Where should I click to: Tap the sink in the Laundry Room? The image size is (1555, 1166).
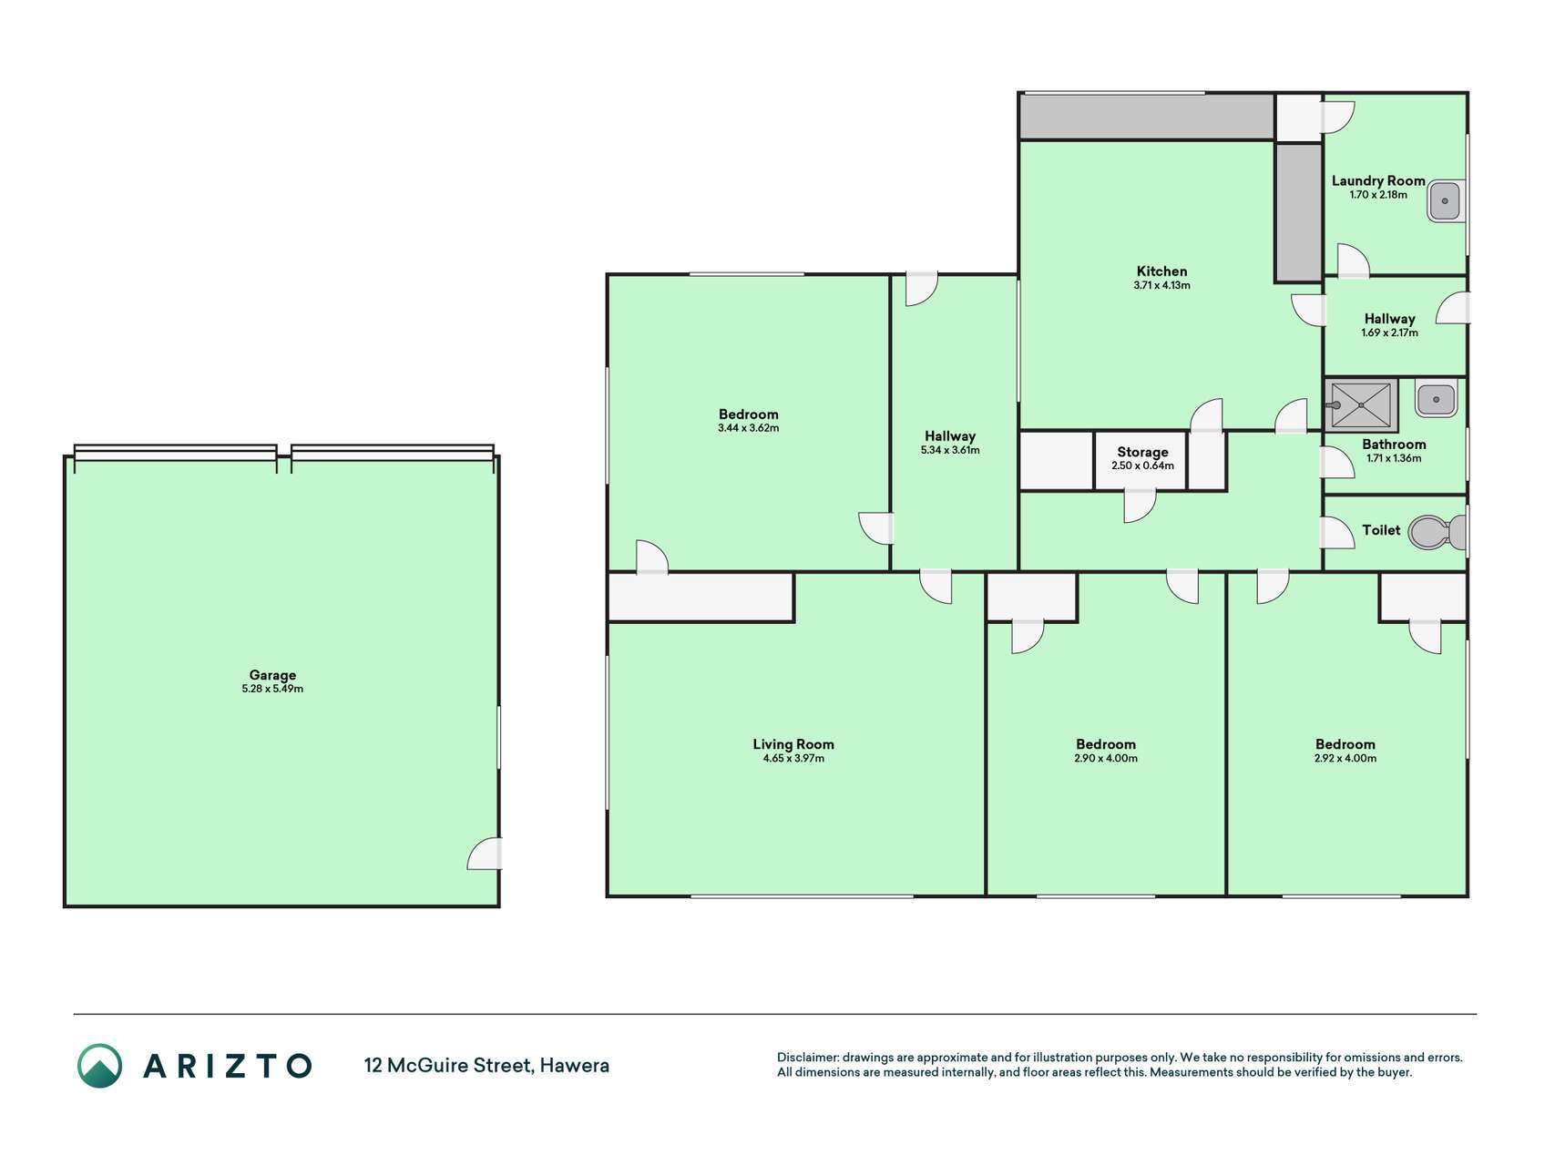coord(1445,201)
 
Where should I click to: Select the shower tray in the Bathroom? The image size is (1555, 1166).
coord(1361,405)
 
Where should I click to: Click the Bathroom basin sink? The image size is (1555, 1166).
coord(1436,399)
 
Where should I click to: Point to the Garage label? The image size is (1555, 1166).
coord(272,675)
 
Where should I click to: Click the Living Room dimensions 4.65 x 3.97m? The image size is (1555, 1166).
coord(793,758)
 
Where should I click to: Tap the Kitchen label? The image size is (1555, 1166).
coord(1161,271)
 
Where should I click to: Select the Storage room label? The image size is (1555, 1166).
coord(1142,452)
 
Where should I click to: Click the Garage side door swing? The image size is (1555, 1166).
coord(485,854)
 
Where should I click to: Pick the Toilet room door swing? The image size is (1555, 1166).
coord(1337,533)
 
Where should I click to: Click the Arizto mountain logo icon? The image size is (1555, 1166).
coord(99,1066)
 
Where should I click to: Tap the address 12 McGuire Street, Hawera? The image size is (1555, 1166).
coord(486,1065)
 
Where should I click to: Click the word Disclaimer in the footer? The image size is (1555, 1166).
coord(807,1058)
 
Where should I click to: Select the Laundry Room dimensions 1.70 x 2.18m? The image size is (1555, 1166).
coord(1378,194)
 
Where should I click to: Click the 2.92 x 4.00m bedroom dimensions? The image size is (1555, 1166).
coord(1345,758)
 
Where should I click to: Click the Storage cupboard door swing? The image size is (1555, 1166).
coord(1140,506)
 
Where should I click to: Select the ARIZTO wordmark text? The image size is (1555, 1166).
coord(228,1066)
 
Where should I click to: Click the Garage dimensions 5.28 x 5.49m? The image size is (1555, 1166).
coord(272,689)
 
